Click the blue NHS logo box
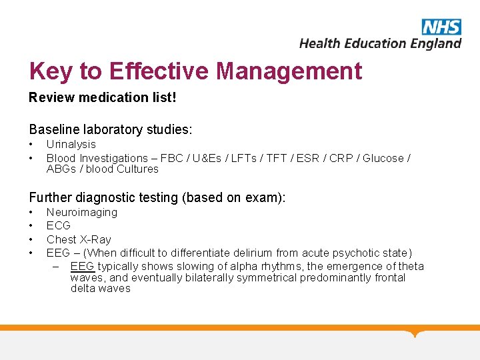(x=441, y=27)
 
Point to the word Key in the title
(x=51, y=71)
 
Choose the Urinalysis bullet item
(x=71, y=144)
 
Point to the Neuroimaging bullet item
(x=81, y=212)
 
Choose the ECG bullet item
(x=58, y=225)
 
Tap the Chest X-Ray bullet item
(x=79, y=239)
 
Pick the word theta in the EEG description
(x=411, y=266)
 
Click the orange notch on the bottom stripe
(x=415, y=332)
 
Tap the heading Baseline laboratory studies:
(x=109, y=128)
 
